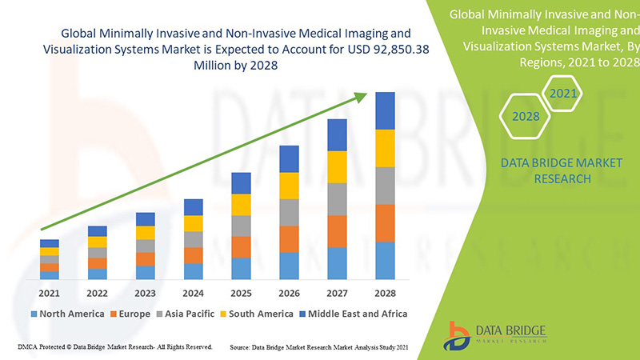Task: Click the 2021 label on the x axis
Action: coord(50,293)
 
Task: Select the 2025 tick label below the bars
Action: coord(242,293)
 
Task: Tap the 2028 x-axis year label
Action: coord(386,293)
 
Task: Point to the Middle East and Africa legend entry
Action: coord(354,314)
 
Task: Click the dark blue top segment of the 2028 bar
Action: coord(386,110)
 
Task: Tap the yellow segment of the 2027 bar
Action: coord(338,166)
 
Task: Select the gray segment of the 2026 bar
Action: coord(290,212)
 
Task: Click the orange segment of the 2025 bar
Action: coord(242,246)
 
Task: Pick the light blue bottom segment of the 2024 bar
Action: coord(194,271)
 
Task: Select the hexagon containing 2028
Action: coord(525,117)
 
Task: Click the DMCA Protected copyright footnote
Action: coord(114,347)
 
